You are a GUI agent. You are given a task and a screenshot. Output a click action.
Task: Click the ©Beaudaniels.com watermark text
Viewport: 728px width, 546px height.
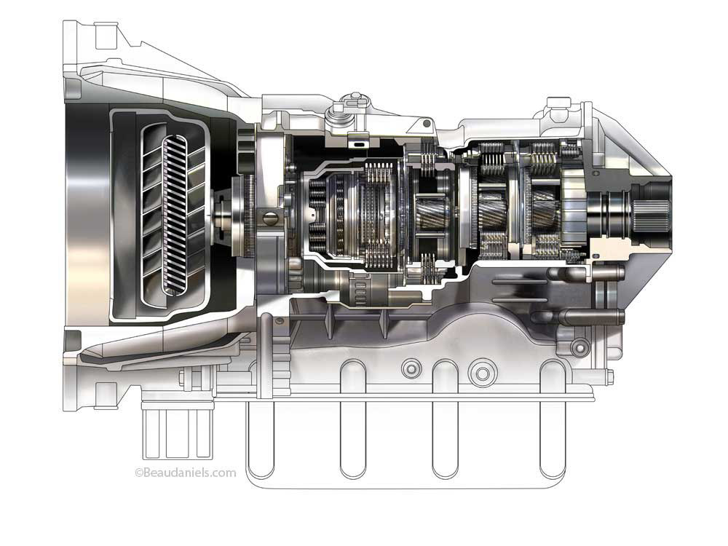point(185,472)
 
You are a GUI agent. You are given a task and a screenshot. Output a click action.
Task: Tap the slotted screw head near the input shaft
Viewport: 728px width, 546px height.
point(268,218)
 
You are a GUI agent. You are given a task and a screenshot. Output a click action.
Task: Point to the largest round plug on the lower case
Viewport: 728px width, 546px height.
point(480,373)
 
